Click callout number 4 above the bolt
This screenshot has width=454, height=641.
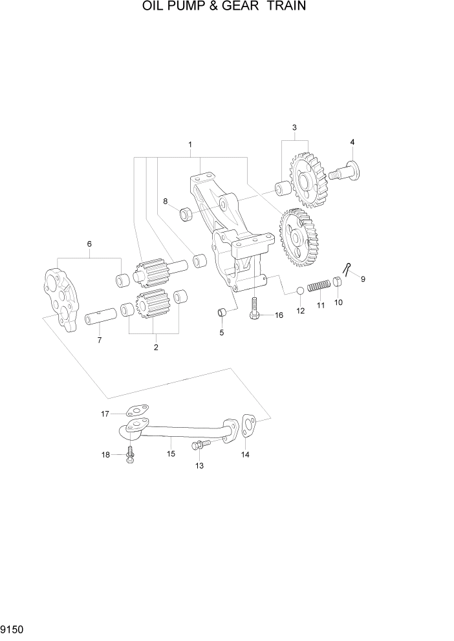tap(352, 142)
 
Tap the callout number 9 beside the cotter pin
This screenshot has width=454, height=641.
tap(363, 279)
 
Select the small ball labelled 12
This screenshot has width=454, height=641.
tap(300, 291)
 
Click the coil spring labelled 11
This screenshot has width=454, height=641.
tap(319, 284)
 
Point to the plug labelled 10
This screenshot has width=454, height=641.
tap(337, 281)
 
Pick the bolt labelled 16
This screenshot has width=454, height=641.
tap(255, 309)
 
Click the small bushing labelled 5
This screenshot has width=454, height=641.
tap(222, 313)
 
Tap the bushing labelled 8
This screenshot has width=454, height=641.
tap(186, 213)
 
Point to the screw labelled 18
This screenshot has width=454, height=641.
tap(130, 454)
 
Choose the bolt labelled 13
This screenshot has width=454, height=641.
tap(199, 445)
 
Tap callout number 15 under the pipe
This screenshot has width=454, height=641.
tap(171, 454)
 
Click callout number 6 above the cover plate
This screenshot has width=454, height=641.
tap(89, 244)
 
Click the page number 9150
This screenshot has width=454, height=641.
tap(12, 627)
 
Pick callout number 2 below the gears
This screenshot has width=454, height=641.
tap(156, 348)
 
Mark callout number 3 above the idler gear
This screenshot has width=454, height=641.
tap(294, 127)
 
